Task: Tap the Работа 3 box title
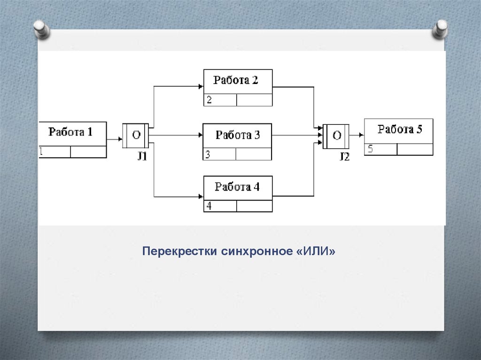point(237,136)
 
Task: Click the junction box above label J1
point(136,136)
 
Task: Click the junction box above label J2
point(337,136)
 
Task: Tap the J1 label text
point(142,157)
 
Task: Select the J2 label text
point(344,157)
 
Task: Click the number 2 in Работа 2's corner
point(209,100)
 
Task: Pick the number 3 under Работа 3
point(208,154)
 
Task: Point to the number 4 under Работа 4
point(209,206)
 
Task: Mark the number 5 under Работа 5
point(370,149)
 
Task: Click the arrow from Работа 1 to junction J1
point(114,139)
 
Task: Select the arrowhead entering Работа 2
point(201,86)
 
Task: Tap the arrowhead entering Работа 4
point(201,196)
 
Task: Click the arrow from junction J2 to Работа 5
point(357,135)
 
